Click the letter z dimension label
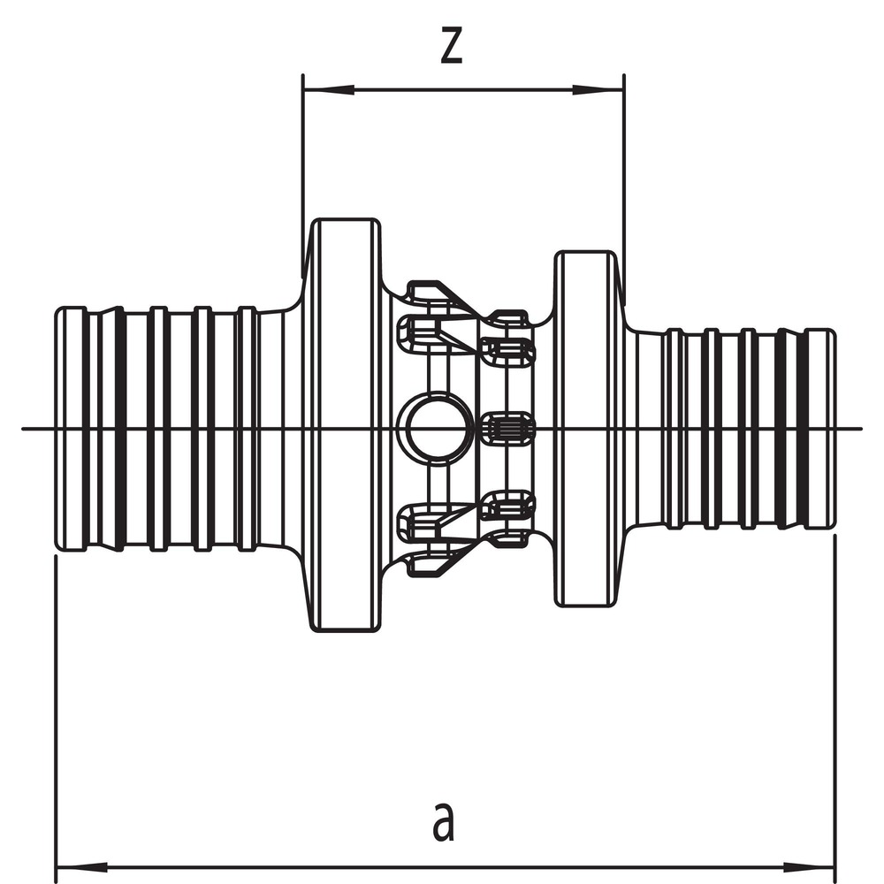point(451,46)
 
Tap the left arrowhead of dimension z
point(329,89)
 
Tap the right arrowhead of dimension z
point(598,89)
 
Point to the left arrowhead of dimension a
point(82,865)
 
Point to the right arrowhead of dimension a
point(809,865)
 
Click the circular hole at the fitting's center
point(433,429)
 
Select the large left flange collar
point(346,425)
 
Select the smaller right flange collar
point(585,429)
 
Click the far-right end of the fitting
point(834,429)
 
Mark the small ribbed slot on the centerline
point(507,429)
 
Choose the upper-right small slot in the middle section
point(507,351)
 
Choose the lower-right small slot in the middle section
point(507,505)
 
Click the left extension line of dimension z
point(302,176)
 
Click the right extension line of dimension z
point(624,189)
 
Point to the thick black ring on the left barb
point(119,429)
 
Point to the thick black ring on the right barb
point(781,429)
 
